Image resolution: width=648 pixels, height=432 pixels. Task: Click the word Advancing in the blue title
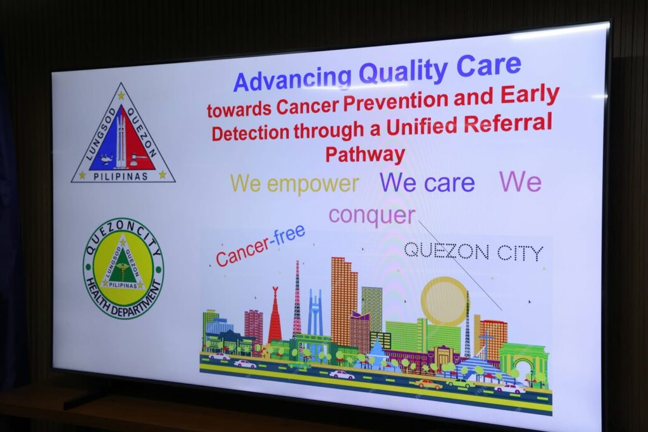coord(292,78)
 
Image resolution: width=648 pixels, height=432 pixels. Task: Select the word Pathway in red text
coord(365,154)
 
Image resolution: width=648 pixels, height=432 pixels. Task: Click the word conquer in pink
coord(372,216)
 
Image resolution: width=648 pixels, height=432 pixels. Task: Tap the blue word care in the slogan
coord(449,183)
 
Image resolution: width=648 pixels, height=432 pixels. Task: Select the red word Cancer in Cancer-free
coord(242,252)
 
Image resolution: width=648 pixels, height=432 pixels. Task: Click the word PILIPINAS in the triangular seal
coord(120,176)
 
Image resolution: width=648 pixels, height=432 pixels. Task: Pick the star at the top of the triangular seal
coord(121,96)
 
